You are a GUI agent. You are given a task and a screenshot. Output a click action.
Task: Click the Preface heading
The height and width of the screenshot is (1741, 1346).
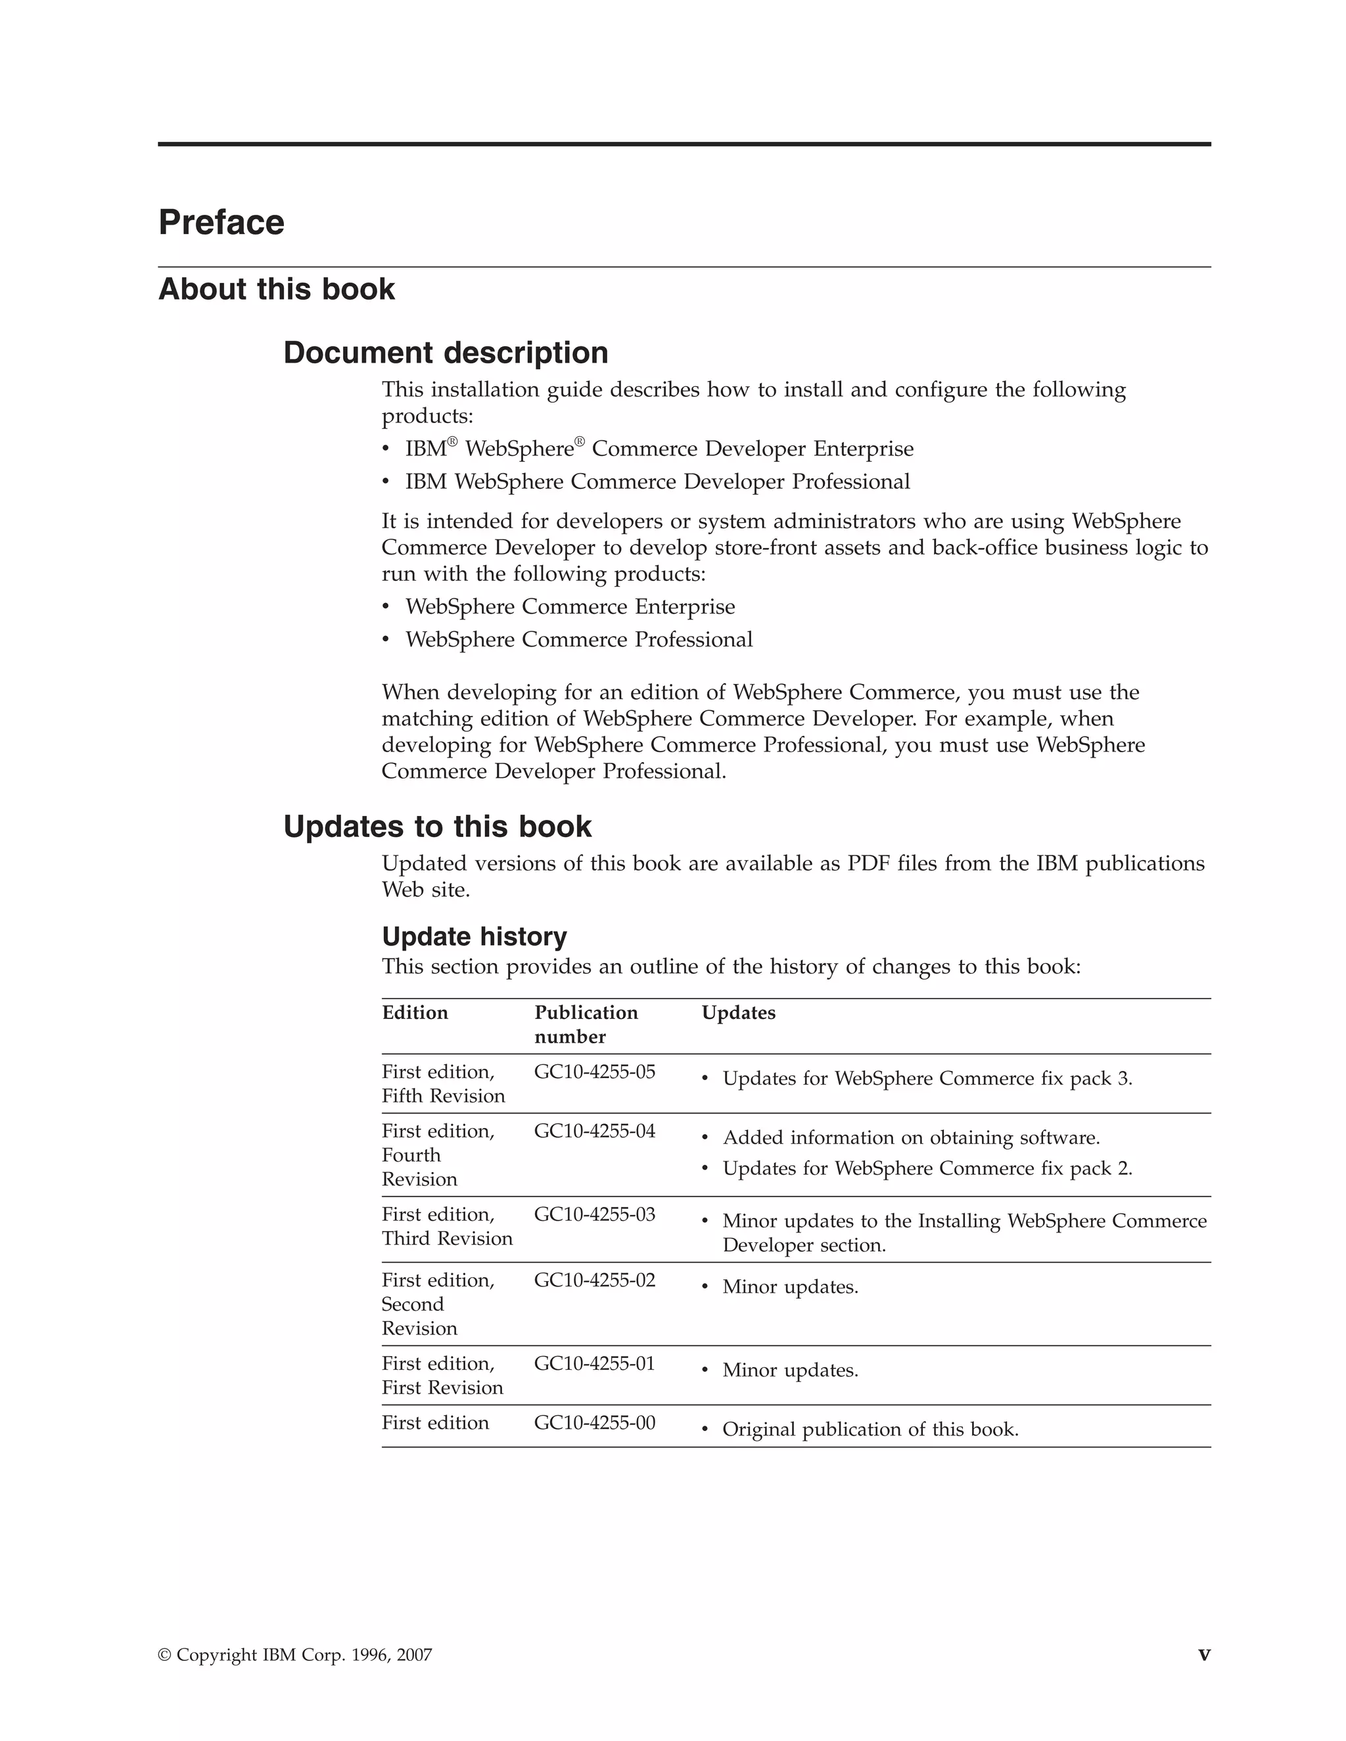[221, 223]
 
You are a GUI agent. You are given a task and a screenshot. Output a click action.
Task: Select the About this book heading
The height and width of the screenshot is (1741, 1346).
[276, 289]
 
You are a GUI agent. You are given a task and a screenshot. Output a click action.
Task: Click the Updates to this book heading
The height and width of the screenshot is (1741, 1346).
[437, 826]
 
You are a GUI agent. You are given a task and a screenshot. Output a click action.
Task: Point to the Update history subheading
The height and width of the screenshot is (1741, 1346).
[474, 937]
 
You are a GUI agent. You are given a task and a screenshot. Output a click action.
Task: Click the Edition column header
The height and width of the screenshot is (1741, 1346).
[415, 1013]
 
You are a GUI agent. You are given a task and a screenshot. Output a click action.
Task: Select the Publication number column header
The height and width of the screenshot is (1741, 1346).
[586, 1024]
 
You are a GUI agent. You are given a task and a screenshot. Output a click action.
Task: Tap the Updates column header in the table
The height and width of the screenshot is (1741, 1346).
[737, 1013]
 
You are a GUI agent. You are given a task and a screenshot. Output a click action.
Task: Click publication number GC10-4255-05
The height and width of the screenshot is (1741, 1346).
[594, 1072]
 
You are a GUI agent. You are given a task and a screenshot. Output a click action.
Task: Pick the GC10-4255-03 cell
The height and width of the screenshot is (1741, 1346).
[594, 1215]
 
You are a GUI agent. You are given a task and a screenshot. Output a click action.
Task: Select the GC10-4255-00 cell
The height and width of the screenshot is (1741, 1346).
[594, 1423]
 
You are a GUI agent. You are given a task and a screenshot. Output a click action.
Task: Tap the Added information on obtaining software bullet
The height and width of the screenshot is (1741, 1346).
[911, 1139]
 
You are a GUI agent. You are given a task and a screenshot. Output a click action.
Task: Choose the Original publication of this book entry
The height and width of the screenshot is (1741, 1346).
[870, 1430]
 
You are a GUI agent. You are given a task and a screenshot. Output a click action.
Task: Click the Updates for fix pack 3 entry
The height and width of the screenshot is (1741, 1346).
[927, 1079]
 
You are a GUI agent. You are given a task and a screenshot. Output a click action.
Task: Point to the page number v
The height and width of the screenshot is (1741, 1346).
[1203, 1655]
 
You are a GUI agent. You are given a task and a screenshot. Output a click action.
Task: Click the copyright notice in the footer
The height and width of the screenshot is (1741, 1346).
[295, 1656]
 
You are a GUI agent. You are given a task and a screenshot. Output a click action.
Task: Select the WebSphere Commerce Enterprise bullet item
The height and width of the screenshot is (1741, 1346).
[569, 608]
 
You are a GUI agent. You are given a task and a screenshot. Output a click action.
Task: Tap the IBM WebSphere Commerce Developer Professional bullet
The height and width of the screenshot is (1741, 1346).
[657, 482]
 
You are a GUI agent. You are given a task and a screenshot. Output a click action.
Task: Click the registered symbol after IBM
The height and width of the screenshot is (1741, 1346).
[452, 441]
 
